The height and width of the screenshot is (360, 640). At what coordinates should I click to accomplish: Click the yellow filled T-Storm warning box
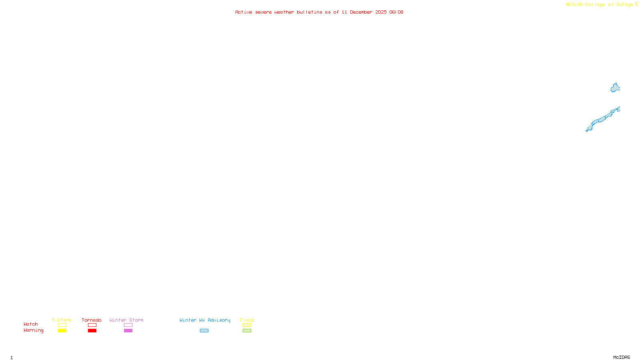coord(62,331)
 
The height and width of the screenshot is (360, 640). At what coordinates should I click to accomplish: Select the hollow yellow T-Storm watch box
coord(62,325)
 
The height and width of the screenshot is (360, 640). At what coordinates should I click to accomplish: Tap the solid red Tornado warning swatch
coord(92,331)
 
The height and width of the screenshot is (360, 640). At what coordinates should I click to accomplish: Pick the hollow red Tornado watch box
coord(92,325)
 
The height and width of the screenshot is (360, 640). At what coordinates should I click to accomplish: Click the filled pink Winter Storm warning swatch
coord(128,331)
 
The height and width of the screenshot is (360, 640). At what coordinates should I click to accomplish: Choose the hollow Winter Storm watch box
coord(128,325)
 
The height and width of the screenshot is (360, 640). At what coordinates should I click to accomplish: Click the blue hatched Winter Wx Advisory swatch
coord(204,331)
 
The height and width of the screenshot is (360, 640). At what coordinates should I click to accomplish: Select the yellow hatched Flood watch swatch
coord(247,325)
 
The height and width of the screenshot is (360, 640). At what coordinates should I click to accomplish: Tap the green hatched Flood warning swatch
coord(247,331)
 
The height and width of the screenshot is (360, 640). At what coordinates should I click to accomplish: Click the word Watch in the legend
coord(31,324)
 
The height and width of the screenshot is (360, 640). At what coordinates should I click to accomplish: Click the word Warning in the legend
coord(34,330)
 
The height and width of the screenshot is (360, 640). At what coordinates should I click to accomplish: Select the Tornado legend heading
coord(92,320)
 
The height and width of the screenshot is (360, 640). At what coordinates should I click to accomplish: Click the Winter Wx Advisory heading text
coord(205,320)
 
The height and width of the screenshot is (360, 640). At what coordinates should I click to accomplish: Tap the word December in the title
coord(361,12)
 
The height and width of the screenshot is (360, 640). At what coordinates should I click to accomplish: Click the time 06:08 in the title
coord(396,12)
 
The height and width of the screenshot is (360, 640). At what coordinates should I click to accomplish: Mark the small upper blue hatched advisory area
coord(615,88)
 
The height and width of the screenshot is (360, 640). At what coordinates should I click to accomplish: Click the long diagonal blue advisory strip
coord(602,119)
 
